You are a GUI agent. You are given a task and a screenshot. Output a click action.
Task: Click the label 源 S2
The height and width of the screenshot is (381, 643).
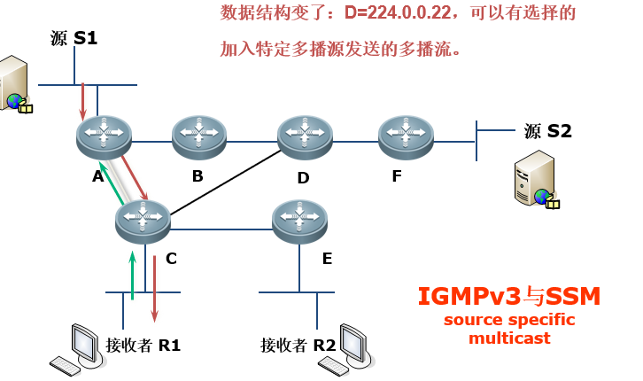(x=547, y=131)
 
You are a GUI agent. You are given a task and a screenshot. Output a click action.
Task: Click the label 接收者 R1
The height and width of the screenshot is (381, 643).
(x=143, y=345)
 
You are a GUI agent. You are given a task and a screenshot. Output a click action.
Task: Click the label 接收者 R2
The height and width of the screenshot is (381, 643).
(x=298, y=345)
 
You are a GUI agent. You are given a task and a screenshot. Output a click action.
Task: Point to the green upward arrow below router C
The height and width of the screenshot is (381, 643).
(x=132, y=275)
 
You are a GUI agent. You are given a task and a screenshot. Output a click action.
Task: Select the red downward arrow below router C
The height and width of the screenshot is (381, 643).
(x=154, y=288)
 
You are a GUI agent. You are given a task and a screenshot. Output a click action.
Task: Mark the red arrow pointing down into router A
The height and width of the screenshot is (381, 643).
(x=83, y=101)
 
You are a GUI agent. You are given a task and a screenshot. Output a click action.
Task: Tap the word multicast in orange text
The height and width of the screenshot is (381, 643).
(x=509, y=338)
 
